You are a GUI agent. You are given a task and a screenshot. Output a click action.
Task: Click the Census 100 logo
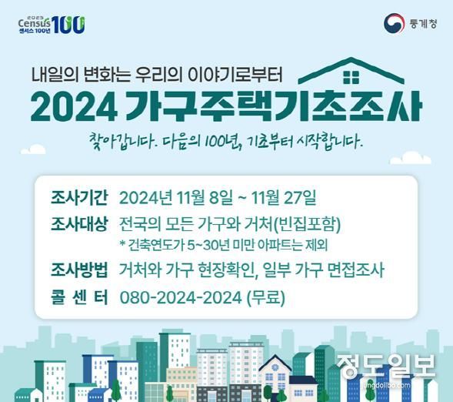coord(52,23)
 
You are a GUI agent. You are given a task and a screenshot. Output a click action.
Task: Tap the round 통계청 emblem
coord(394,23)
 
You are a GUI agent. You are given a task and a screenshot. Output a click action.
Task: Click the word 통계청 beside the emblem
coord(422,23)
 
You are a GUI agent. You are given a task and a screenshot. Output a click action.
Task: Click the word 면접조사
coord(356,271)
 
